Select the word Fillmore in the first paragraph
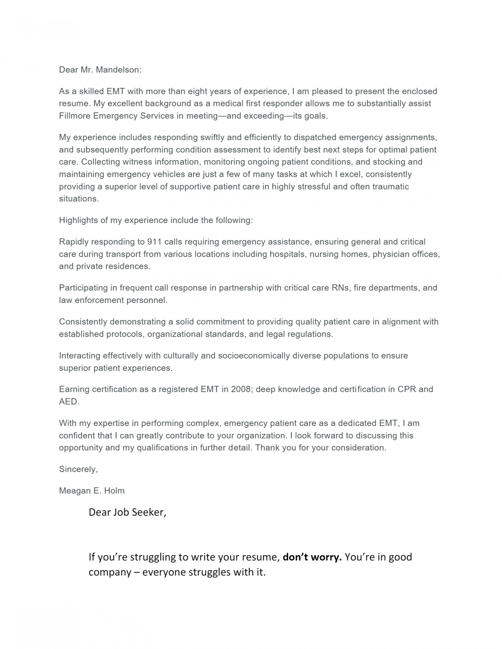74,116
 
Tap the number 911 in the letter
154,242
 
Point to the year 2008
241,389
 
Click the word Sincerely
78,469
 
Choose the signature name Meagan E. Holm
92,491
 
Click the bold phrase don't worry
312,557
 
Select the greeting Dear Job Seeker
127,512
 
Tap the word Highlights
78,220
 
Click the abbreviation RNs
340,288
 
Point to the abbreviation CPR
406,389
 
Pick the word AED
69,401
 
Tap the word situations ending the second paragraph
78,199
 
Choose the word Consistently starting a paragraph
83,322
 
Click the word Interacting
80,355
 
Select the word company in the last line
109,573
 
